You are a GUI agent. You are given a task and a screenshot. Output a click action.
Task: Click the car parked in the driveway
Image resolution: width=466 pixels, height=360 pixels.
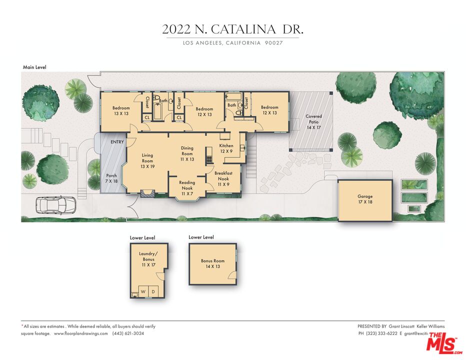[55, 205]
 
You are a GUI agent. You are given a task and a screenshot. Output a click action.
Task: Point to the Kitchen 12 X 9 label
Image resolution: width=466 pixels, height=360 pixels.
[226, 148]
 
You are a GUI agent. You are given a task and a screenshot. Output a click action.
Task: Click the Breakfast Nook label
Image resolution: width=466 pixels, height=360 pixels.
[223, 178]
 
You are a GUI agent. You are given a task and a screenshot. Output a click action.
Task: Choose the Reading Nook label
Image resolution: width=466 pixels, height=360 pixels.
[187, 188]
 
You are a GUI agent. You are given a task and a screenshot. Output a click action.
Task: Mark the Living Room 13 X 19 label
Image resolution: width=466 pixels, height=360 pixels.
[147, 160]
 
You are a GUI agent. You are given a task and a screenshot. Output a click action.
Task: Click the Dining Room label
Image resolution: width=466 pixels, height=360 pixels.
[187, 153]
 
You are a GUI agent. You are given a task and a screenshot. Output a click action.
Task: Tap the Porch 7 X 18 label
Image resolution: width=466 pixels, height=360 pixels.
[111, 178]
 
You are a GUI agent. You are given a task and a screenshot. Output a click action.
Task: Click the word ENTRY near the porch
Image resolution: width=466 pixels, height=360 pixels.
[117, 142]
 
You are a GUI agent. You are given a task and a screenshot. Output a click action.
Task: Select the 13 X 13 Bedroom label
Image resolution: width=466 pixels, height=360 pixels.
[121, 111]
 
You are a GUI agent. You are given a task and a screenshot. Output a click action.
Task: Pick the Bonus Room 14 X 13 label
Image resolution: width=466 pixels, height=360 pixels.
[213, 263]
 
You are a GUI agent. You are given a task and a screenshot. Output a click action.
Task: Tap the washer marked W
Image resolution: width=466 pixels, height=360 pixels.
[143, 291]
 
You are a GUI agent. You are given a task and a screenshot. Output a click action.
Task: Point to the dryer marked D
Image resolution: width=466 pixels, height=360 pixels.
[153, 291]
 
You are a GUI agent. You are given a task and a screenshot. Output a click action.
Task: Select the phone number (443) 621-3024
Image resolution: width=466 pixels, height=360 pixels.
[128, 333]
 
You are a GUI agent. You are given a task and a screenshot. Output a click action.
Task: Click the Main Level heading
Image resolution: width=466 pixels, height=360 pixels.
[35, 66]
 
